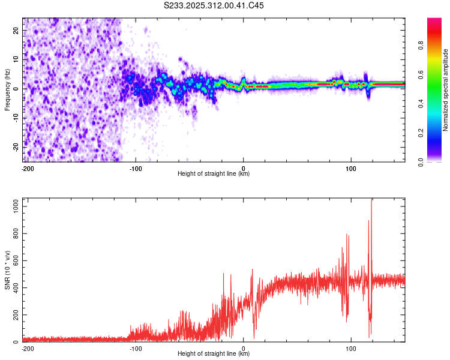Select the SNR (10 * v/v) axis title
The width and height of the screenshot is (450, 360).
point(7,270)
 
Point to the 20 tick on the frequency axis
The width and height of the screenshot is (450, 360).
point(16,30)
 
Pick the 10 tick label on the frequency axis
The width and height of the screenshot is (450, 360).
point(16,59)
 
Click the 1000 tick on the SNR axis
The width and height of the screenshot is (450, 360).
point(13,206)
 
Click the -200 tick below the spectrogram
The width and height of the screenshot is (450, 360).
point(27,168)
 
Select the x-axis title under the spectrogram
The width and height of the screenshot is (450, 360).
point(214,174)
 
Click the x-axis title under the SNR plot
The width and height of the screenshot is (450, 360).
point(214,354)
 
